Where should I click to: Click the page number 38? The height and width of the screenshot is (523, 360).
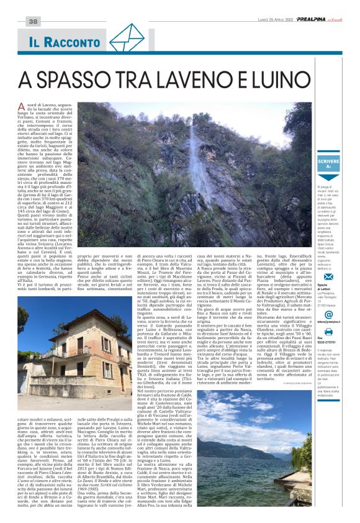[x=33, y=22]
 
